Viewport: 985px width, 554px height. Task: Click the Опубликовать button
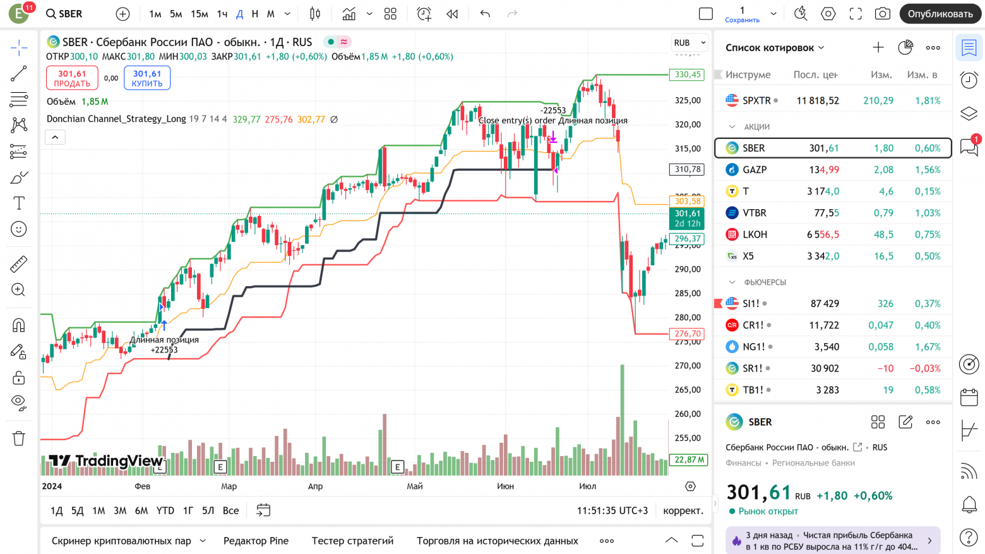pos(940,14)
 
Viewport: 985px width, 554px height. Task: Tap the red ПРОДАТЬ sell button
pos(72,78)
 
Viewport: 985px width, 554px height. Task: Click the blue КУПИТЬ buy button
pos(147,78)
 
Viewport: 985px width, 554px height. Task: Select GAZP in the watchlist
pos(755,170)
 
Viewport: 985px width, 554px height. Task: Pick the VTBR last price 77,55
pos(826,213)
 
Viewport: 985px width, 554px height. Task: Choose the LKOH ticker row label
pos(755,234)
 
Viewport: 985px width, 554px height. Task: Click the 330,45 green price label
pos(687,75)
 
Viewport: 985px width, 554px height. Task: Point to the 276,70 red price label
pos(687,334)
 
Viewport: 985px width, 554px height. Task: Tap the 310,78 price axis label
pos(687,169)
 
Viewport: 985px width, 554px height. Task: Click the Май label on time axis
pos(415,486)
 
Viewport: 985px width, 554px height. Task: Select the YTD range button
pos(165,510)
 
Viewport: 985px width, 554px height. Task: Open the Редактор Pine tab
pos(256,541)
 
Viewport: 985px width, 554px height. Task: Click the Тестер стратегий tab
pos(352,541)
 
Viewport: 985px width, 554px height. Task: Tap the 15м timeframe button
pos(200,14)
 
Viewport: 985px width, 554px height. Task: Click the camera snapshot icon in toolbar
pos(883,14)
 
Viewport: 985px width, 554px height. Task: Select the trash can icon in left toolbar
pos(19,438)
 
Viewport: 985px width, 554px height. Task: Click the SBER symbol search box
pos(65,14)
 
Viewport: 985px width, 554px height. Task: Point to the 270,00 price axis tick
pos(687,366)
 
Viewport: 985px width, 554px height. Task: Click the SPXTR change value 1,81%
pos(928,100)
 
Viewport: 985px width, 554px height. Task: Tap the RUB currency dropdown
pos(689,43)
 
